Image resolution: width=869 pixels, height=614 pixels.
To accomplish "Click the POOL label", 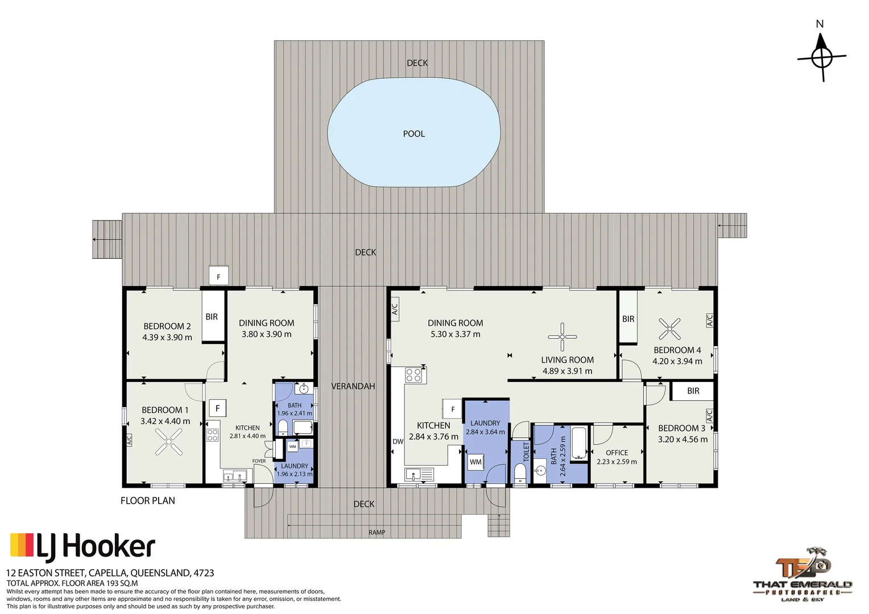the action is click(x=413, y=134).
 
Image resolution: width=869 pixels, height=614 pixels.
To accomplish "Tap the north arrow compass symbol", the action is click(x=821, y=58).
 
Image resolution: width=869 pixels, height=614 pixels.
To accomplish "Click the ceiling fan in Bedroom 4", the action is click(x=669, y=329).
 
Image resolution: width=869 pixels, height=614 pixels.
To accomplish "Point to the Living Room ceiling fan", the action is click(x=562, y=337).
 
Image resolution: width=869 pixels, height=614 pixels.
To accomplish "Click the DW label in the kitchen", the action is click(x=398, y=441).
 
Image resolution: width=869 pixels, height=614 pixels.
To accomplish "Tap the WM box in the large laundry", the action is click(x=475, y=462).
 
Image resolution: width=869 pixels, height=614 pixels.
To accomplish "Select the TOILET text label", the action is click(x=526, y=451).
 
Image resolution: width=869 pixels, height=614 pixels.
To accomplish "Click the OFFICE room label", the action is click(x=617, y=453).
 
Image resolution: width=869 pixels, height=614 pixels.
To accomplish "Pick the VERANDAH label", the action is click(x=353, y=387).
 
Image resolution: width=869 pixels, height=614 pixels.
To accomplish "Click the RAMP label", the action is click(x=376, y=533).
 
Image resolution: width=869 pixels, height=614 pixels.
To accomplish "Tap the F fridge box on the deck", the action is click(x=218, y=276).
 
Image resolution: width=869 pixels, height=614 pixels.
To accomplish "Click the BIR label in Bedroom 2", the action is click(x=212, y=317).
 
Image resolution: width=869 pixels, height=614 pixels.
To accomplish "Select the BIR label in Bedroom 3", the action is click(x=693, y=391).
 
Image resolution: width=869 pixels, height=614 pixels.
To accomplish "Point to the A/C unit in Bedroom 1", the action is click(x=129, y=440).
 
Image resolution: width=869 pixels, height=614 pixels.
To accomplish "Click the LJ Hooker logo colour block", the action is click(x=22, y=545).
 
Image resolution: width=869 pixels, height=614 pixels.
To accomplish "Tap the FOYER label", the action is click(x=259, y=461).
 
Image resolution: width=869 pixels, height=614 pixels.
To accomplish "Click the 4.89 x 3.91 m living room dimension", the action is click(x=567, y=371).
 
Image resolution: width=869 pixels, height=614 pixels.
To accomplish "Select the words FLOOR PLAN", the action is click(x=148, y=501).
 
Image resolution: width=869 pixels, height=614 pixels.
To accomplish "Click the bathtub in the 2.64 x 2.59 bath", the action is click(x=579, y=443).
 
